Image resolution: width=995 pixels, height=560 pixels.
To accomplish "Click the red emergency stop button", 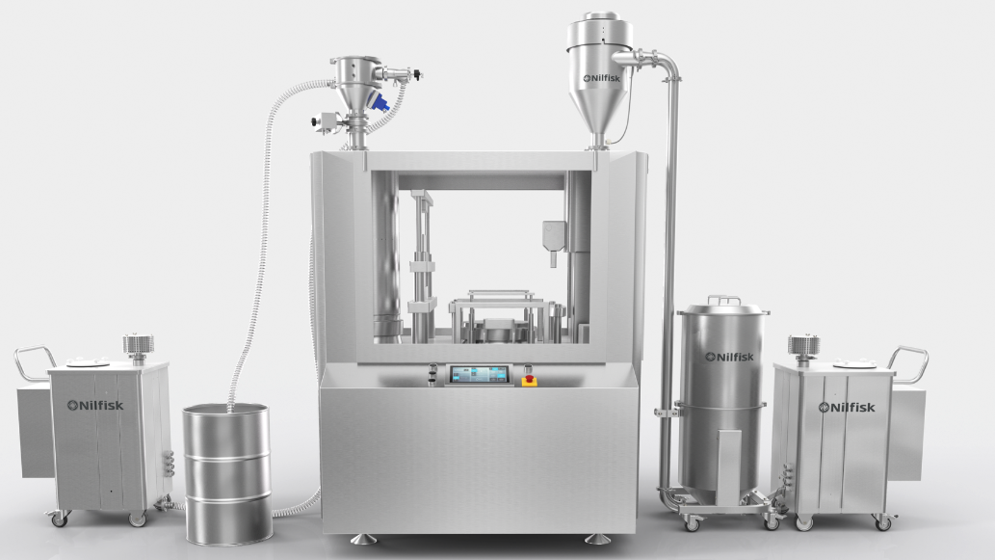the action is coord(529,381).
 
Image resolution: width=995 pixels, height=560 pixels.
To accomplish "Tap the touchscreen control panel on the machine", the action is coord(479,375).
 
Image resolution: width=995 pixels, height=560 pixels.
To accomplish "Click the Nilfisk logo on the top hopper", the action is coord(602,78).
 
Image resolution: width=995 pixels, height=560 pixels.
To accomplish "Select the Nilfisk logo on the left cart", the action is coord(95,405).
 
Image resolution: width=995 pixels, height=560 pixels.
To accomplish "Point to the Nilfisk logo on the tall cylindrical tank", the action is coord(730,357).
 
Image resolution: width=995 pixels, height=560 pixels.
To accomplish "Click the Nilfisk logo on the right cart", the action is coord(847,407).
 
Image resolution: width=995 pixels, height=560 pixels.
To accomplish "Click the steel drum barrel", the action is coord(228,474).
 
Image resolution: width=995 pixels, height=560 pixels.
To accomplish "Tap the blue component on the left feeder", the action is coord(381,101).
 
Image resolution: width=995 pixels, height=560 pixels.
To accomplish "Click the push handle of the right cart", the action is coord(908,363).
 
